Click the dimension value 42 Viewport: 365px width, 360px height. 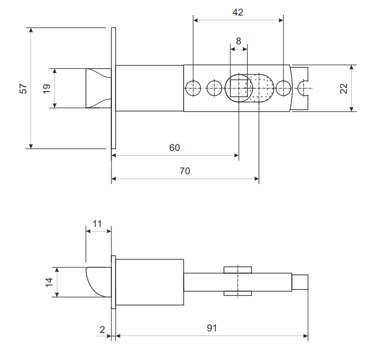(x=238, y=12)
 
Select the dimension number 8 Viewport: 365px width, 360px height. (x=238, y=41)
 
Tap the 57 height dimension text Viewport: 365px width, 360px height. (x=23, y=89)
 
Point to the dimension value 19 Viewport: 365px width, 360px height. (x=47, y=89)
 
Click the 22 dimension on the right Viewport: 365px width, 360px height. (x=343, y=89)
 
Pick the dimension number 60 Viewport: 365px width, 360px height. (x=174, y=148)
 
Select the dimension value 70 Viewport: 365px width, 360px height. (x=185, y=171)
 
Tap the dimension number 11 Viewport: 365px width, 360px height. (x=97, y=224)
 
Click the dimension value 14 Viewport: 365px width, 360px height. (x=49, y=282)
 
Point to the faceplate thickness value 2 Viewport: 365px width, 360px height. (x=102, y=329)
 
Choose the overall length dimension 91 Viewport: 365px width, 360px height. (x=212, y=328)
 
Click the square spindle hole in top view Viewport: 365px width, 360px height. (x=239, y=88)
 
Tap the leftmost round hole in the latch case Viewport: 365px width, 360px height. (x=193, y=88)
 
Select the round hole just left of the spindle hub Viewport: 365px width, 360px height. (x=214, y=88)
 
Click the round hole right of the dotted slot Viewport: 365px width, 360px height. (x=283, y=88)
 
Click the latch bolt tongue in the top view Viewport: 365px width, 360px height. (x=99, y=88)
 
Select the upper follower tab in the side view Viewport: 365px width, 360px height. (x=238, y=270)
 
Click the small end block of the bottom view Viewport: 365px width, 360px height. (x=300, y=282)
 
